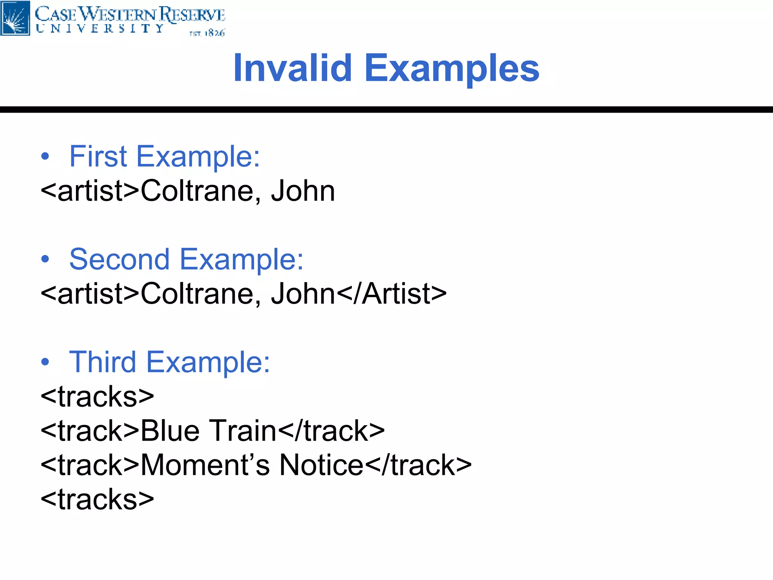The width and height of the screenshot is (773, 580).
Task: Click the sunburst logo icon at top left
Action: coord(15,18)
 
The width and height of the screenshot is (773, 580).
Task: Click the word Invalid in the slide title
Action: coord(293,68)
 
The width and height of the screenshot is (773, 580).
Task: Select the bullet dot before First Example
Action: coord(45,156)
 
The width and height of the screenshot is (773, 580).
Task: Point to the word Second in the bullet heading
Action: coord(119,259)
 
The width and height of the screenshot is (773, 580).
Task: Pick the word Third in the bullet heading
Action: coord(102,362)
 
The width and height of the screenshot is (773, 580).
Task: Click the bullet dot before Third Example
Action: coord(45,362)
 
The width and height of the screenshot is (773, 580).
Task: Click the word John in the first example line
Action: coord(303,191)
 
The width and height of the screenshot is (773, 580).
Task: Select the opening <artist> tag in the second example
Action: coord(90,294)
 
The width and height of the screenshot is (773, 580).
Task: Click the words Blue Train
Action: coord(209,431)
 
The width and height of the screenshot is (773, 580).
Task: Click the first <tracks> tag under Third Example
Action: coord(97,396)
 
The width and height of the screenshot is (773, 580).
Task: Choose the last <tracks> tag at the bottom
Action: coord(97,499)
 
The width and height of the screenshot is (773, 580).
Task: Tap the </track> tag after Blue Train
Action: coord(331,431)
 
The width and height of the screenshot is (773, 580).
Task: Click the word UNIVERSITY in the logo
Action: coord(100,29)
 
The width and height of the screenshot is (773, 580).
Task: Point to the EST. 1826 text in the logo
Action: coord(207,33)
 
